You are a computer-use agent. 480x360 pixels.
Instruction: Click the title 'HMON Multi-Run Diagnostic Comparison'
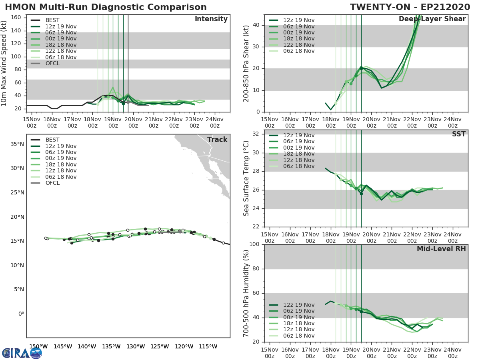(x=106, y=7)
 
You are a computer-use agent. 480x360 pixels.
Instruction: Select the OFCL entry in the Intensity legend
(x=52, y=63)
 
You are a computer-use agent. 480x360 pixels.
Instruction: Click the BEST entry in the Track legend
(x=52, y=140)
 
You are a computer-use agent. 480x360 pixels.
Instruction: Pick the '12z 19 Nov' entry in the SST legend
(x=299, y=135)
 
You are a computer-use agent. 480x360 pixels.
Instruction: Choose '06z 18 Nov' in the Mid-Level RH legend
(x=299, y=336)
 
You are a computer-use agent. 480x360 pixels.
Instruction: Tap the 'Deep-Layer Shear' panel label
(x=432, y=19)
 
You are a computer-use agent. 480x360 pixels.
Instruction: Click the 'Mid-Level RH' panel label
(x=441, y=249)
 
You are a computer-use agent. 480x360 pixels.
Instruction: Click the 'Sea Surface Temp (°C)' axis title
(x=246, y=178)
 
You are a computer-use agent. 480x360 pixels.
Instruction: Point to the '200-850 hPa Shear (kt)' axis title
(x=246, y=63)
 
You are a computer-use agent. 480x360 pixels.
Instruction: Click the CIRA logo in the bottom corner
(x=22, y=353)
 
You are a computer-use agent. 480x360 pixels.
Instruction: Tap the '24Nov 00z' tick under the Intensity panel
(x=214, y=122)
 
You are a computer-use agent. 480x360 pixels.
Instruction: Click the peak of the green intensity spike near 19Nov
(x=113, y=87)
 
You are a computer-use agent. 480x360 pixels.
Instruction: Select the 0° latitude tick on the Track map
(x=21, y=314)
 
